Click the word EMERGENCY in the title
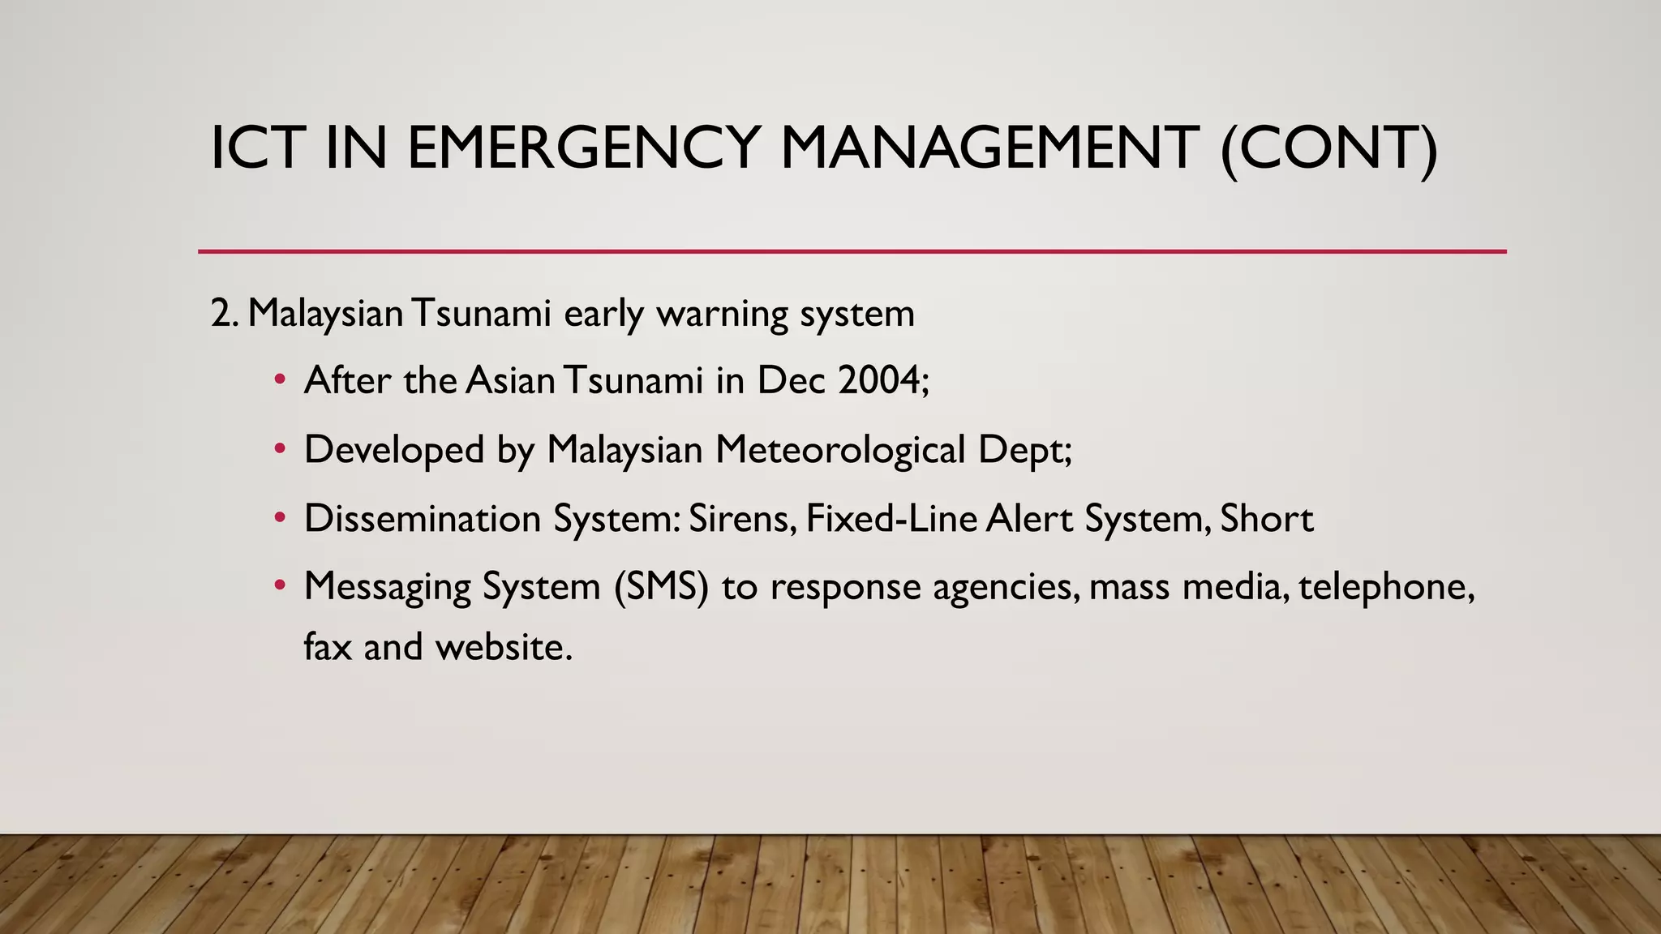tap(582, 148)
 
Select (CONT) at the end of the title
tap(1329, 150)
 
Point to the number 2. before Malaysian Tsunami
tap(224, 313)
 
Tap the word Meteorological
tap(840, 449)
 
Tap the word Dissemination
tap(423, 518)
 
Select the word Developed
tap(394, 449)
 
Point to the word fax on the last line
tap(328, 646)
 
